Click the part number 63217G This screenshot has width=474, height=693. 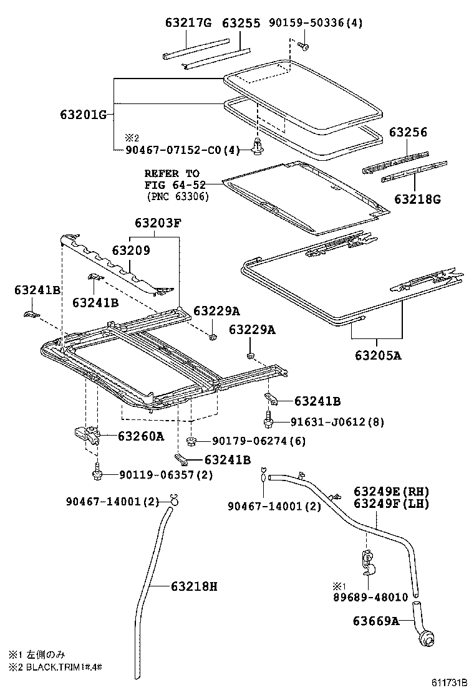click(x=188, y=24)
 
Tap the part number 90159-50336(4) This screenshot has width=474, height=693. click(x=316, y=24)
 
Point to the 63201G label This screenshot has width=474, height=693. click(x=84, y=114)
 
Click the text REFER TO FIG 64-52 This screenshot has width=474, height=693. click(x=172, y=179)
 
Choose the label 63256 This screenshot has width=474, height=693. click(x=408, y=132)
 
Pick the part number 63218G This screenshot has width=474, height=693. click(x=417, y=199)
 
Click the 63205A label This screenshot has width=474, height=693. click(x=378, y=356)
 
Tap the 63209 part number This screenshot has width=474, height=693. click(x=130, y=250)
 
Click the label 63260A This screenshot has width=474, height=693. click(x=140, y=436)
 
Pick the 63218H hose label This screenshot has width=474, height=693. click(x=194, y=586)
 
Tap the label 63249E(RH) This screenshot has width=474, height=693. click(x=392, y=491)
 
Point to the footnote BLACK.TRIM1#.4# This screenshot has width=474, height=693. click(x=60, y=666)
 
